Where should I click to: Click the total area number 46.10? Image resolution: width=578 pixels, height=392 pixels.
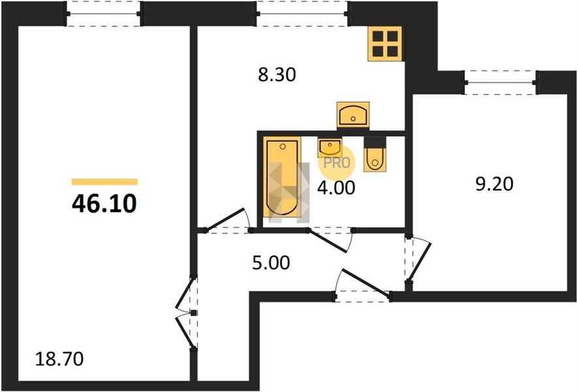(x=104, y=203)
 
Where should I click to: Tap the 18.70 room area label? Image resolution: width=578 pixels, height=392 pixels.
(x=59, y=359)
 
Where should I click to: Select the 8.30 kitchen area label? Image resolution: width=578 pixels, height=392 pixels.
(x=277, y=75)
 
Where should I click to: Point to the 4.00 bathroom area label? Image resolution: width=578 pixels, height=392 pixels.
(x=336, y=188)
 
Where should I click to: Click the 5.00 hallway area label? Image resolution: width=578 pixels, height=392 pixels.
(x=271, y=263)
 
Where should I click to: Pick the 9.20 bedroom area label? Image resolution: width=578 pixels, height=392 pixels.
(x=494, y=184)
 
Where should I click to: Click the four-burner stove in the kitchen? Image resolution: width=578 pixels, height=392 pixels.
(x=385, y=44)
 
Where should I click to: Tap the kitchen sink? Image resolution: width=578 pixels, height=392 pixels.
(x=353, y=115)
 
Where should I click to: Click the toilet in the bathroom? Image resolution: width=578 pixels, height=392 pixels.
(x=375, y=154)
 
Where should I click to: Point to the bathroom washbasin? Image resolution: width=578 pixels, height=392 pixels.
(x=329, y=147)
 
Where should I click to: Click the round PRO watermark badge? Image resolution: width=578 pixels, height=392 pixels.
(x=336, y=163)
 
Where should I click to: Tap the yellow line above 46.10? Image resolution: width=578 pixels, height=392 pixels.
(x=104, y=182)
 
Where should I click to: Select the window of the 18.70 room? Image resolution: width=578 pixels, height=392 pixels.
(x=104, y=14)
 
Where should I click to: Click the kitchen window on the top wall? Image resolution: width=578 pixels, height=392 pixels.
(x=302, y=14)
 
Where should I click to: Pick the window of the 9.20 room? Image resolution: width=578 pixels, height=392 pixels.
(x=500, y=82)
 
